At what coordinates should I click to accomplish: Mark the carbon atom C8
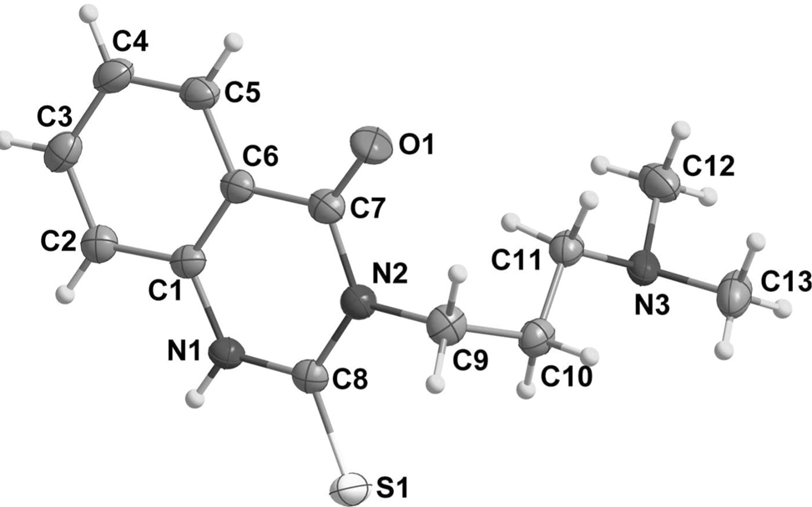[308, 374]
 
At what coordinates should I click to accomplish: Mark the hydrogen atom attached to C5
[236, 41]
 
